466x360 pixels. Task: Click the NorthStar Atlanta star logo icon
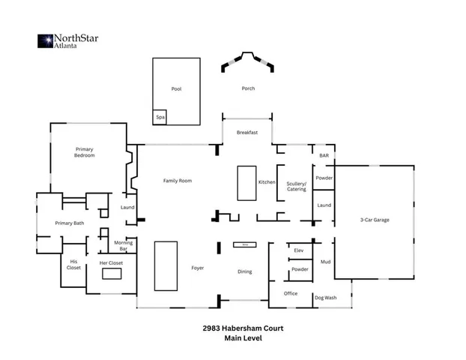[x=44, y=40]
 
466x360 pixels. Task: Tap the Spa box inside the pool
[x=160, y=118]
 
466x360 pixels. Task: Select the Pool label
[x=176, y=89]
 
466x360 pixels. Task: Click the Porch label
[x=248, y=88]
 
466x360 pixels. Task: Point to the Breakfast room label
[x=247, y=132]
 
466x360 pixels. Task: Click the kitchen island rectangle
[x=246, y=183]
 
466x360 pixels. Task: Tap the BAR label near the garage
[x=324, y=155]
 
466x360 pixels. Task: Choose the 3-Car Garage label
[x=375, y=220]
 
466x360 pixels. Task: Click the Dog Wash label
[x=325, y=298]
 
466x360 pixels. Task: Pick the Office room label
[x=291, y=293]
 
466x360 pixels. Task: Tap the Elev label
[x=298, y=250]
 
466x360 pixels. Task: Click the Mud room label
[x=325, y=262]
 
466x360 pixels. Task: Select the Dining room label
[x=244, y=271]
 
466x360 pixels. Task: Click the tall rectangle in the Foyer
[x=166, y=265]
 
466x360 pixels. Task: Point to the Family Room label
[x=178, y=181]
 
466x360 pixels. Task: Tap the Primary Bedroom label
[x=84, y=151]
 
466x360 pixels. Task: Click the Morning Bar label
[x=124, y=245]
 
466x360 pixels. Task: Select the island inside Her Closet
[x=112, y=275]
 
